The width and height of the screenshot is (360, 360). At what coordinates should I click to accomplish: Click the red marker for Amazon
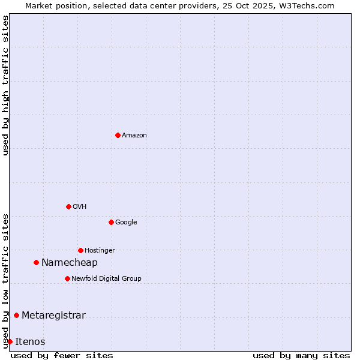click(118, 135)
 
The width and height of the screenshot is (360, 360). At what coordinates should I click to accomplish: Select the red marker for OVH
click(68, 206)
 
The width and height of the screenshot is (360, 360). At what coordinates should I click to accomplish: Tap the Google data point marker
click(111, 222)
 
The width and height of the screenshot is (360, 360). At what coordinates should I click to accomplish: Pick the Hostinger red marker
click(80, 250)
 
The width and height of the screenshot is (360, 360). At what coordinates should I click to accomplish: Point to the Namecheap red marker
click(36, 262)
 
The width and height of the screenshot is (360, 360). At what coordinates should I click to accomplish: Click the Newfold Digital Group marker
click(67, 278)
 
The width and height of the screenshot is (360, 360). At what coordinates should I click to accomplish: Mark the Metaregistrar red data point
click(16, 315)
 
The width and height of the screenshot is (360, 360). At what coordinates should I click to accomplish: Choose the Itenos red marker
click(10, 341)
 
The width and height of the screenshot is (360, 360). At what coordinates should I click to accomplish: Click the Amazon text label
click(134, 136)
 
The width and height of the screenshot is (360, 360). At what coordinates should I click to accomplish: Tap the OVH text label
click(80, 207)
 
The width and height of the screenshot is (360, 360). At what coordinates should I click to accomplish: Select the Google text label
click(126, 223)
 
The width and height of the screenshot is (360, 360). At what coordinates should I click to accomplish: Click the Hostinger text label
click(100, 251)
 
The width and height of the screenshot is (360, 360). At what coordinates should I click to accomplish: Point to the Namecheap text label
click(70, 263)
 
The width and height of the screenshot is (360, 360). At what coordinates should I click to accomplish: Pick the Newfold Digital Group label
click(106, 279)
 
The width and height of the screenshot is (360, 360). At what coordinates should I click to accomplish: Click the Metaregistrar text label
click(53, 316)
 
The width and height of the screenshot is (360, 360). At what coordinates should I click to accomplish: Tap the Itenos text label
click(30, 342)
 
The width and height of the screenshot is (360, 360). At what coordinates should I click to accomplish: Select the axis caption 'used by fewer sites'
click(62, 355)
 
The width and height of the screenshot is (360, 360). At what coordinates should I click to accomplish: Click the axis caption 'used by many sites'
click(301, 355)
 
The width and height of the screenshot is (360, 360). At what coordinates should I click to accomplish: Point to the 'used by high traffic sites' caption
click(6, 85)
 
